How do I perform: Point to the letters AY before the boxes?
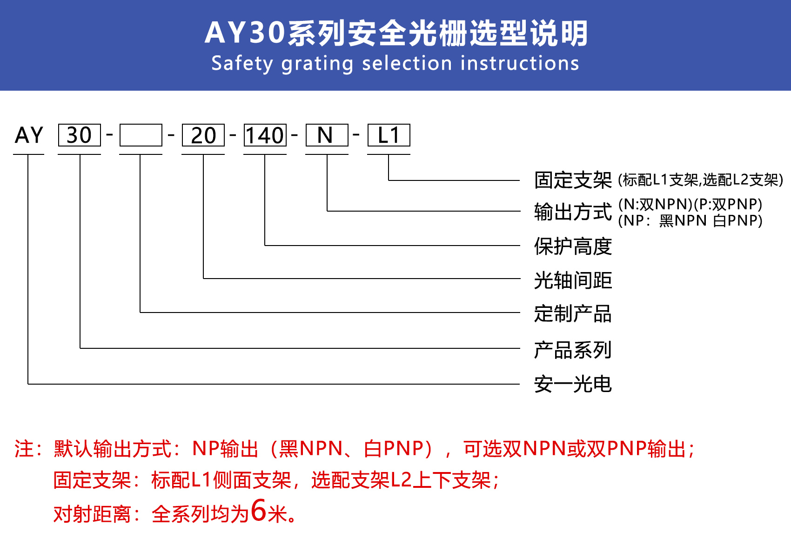click(x=29, y=135)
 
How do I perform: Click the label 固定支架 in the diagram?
click(x=573, y=180)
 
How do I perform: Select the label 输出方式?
click(x=573, y=212)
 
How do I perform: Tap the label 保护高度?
click(x=573, y=246)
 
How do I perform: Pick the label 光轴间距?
click(x=573, y=280)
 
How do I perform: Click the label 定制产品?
click(x=573, y=313)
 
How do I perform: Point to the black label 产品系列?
click(x=573, y=350)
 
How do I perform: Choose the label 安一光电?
click(x=573, y=384)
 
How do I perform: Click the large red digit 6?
click(x=259, y=510)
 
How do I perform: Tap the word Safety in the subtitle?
click(x=242, y=64)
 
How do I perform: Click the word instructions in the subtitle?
click(x=520, y=64)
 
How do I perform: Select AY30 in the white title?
click(x=245, y=33)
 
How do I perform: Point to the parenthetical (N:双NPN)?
click(x=656, y=204)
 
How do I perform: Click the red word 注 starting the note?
click(x=24, y=449)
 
